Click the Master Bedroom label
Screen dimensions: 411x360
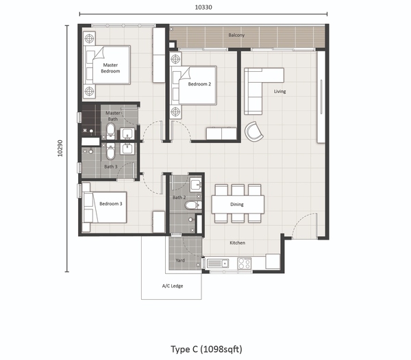pyautogui.click(x=110, y=68)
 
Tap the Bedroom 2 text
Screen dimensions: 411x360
pyautogui.click(x=199, y=84)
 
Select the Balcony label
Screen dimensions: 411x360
pyautogui.click(x=236, y=35)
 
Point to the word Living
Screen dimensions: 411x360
pyautogui.click(x=279, y=92)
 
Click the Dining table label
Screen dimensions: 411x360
pyautogui.click(x=237, y=204)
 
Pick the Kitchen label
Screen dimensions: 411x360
pyautogui.click(x=238, y=243)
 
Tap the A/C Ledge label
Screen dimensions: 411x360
pyautogui.click(x=173, y=286)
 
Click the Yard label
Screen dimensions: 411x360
pyautogui.click(x=180, y=260)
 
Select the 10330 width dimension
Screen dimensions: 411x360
pyautogui.click(x=203, y=7)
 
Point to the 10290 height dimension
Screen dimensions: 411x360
pyautogui.click(x=60, y=149)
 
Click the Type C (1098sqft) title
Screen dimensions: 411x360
pyautogui.click(x=206, y=349)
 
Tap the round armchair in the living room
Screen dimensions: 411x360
pyautogui.click(x=253, y=132)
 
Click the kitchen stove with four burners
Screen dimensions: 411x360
pyautogui.click(x=244, y=263)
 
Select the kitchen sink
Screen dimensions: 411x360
pyautogui.click(x=218, y=263)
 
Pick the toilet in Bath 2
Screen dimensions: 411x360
pyautogui.click(x=192, y=205)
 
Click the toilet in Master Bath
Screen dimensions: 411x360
pyautogui.click(x=110, y=131)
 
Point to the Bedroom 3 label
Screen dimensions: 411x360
pyautogui.click(x=110, y=204)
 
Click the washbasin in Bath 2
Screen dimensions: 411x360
pyautogui.click(x=195, y=184)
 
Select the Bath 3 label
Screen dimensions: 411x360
pyautogui.click(x=111, y=166)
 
